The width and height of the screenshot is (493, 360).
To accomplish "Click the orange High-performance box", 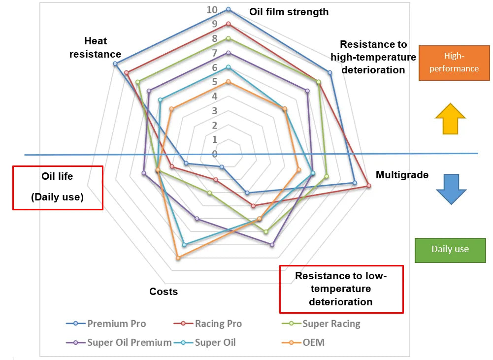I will click(454, 63).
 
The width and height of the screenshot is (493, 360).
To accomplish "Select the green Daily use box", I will click(450, 249).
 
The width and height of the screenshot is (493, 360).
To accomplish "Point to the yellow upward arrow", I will click(450, 118).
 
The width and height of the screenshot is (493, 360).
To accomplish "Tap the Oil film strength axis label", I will click(289, 12).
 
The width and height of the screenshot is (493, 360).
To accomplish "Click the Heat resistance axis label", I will click(95, 47).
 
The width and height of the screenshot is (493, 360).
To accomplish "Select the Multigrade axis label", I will click(402, 175).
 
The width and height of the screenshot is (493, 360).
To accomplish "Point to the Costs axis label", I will click(164, 292).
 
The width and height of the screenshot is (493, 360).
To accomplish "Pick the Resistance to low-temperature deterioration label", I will click(341, 289).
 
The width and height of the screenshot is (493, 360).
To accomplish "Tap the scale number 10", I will click(212, 10).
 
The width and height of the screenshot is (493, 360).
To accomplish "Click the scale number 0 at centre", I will click(214, 154).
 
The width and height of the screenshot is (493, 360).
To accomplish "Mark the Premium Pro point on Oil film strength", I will click(228, 9).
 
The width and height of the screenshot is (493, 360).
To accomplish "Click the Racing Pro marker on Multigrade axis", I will click(368, 186).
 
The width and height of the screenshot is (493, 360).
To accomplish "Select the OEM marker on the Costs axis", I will click(178, 258).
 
